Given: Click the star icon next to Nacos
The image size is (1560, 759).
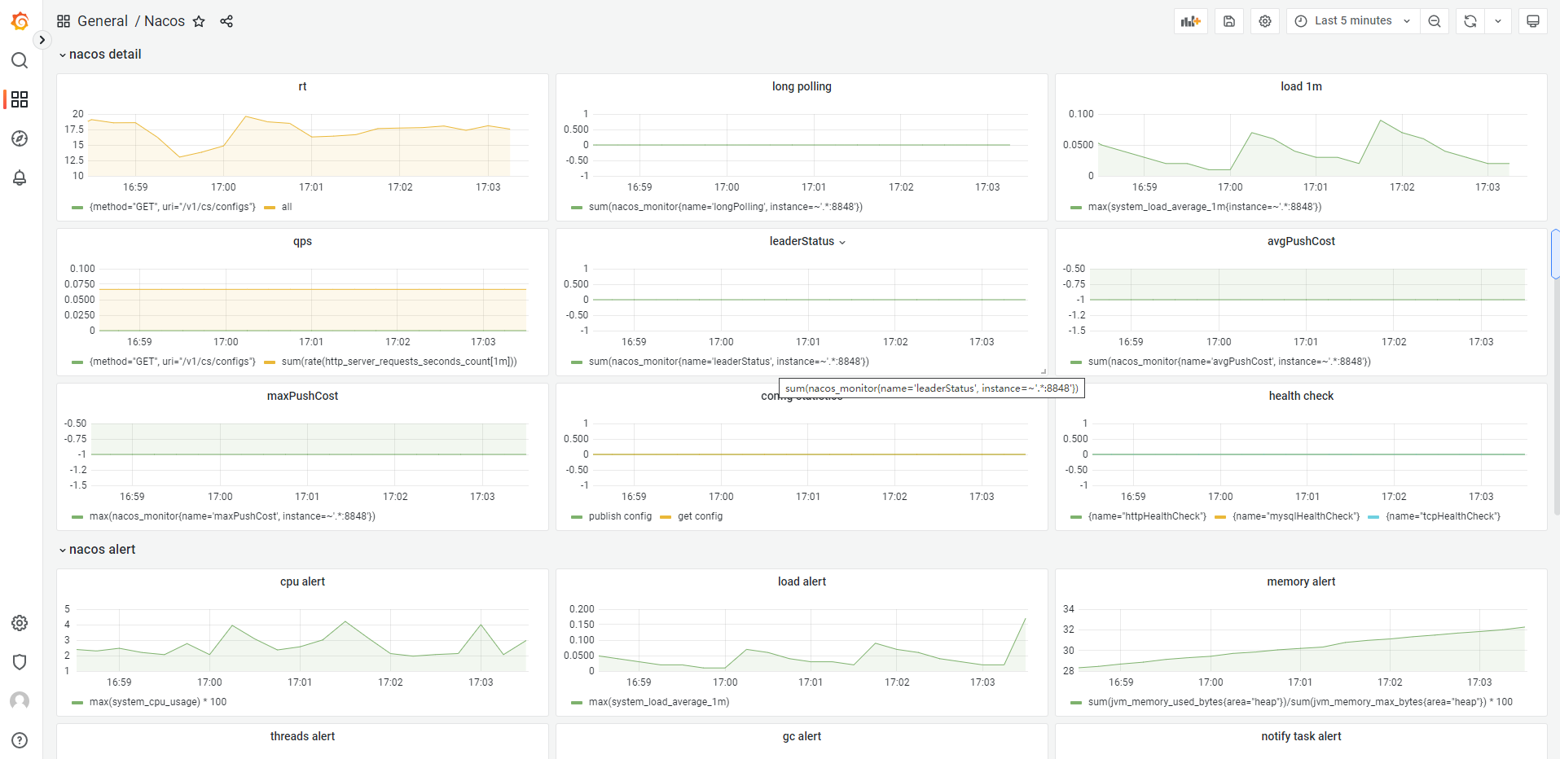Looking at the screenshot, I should [199, 21].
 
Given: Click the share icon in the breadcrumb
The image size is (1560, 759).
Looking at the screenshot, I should [226, 21].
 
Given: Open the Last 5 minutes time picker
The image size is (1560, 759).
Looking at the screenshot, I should [1352, 21].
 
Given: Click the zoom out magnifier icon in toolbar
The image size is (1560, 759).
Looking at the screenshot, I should [1435, 21].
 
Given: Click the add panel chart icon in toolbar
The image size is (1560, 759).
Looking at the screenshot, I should [1190, 21].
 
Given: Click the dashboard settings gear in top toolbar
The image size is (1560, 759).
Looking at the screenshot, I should [1265, 21].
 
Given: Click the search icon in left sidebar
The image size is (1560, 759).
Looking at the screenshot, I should [20, 60].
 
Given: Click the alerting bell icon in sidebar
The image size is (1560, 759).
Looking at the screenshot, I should [20, 178].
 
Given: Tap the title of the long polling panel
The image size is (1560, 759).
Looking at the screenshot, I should [802, 86].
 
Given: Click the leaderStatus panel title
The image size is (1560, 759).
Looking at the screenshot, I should [802, 241].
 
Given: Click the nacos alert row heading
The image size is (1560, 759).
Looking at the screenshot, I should [102, 550].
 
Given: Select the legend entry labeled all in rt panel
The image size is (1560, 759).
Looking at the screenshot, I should [287, 207].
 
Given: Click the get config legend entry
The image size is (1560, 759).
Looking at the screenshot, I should [700, 516].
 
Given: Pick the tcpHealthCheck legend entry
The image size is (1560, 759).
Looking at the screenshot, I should [1443, 516].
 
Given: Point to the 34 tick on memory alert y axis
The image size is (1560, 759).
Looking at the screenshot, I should [1069, 609].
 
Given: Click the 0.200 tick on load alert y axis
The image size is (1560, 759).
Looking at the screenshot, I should [582, 609].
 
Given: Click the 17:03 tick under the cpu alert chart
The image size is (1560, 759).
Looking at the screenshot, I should [481, 682].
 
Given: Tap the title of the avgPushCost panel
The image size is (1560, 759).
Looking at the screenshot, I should [1301, 241].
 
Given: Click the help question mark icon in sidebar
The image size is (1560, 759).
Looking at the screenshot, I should [20, 740].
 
